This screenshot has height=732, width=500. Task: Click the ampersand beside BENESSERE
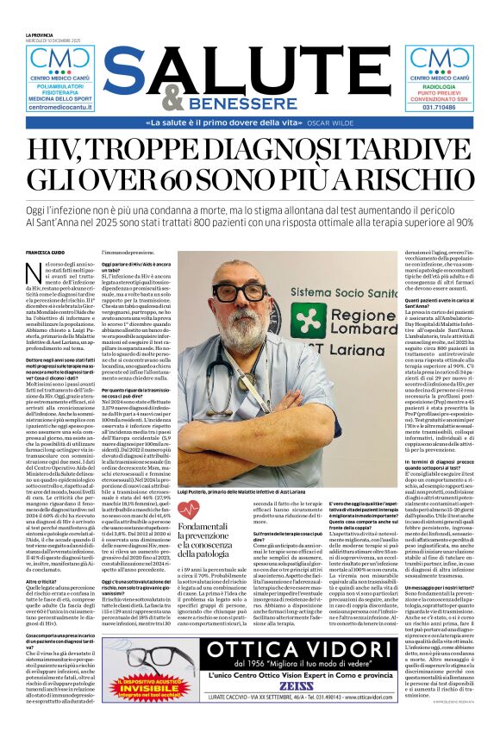(172, 99)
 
